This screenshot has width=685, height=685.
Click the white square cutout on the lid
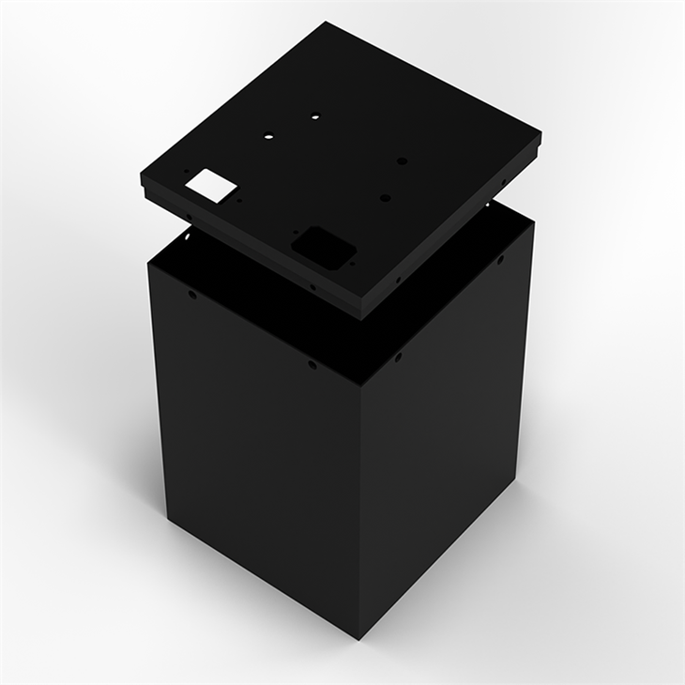(x=212, y=183)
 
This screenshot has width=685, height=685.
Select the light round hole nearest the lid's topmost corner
(x=314, y=117)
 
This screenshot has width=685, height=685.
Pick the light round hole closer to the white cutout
(x=268, y=135)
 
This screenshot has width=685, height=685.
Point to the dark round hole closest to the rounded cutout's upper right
(x=385, y=198)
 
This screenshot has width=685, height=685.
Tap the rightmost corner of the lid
(x=541, y=139)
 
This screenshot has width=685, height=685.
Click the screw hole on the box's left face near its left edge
(x=193, y=295)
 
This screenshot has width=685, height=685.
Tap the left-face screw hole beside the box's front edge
(x=312, y=364)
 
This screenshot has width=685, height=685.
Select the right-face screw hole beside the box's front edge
(x=398, y=356)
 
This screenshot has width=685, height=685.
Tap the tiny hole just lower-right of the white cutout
(x=240, y=199)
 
